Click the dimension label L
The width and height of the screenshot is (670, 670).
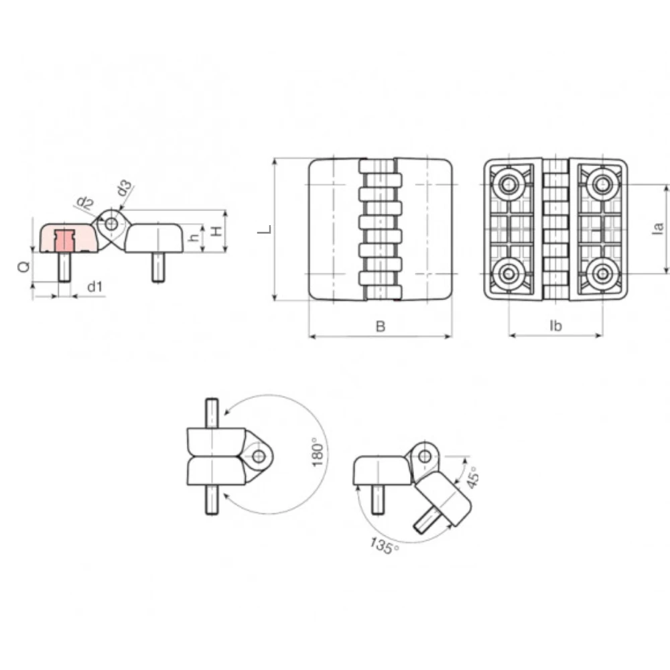265,229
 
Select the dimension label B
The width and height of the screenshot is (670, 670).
381,326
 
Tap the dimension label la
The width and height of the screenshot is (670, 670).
658,228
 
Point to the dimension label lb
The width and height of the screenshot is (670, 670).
555,326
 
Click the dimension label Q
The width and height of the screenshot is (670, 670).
24,267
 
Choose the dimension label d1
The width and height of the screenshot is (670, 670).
95,287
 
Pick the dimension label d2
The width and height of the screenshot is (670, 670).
84,202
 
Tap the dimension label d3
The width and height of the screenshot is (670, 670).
125,188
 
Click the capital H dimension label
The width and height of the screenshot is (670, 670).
218,231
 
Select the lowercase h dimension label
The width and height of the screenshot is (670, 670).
194,235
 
